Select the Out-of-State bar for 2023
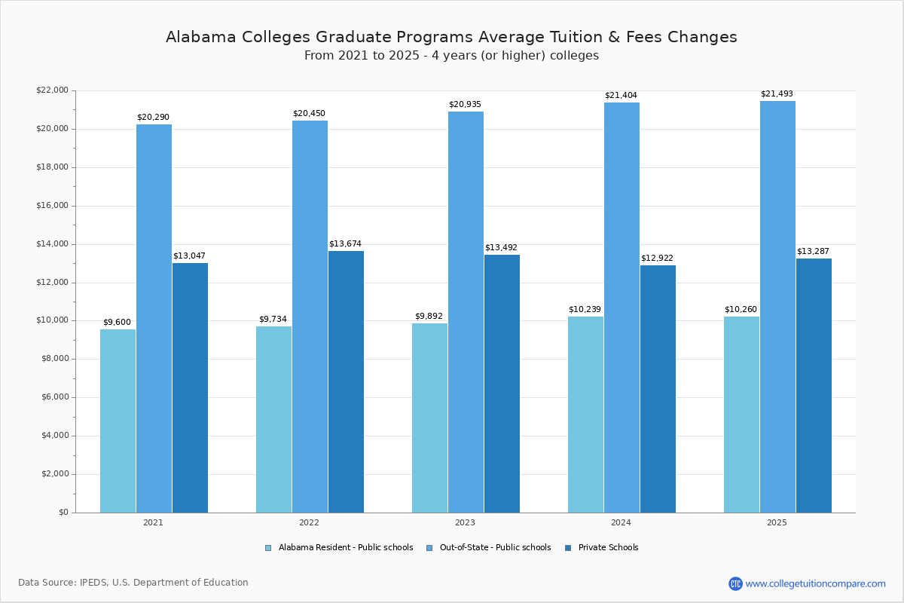coord(466,312)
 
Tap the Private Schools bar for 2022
coord(346,381)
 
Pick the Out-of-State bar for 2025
coord(777,307)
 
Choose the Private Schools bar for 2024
coord(658,389)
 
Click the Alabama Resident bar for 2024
coord(585,415)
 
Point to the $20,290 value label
coord(153,118)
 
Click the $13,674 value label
coord(345,244)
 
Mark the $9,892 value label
coord(429,317)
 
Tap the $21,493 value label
coord(777,94)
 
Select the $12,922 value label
coord(657,259)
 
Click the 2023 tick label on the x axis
coord(465,522)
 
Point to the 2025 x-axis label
coord(777,522)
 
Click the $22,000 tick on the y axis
coord(52,90)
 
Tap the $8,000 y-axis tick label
coord(54,359)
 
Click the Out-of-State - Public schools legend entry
coord(495,548)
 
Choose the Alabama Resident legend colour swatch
coord(268,548)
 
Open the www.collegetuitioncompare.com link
coord(815,583)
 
